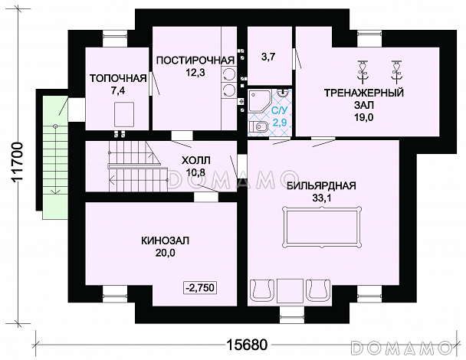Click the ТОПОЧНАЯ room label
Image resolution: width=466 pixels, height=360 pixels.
(x=118, y=78)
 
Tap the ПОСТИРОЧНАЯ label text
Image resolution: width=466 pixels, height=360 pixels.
(x=195, y=61)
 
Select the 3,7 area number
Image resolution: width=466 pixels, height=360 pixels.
(x=268, y=57)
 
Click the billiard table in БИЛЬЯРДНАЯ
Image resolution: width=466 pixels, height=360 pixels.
(x=322, y=226)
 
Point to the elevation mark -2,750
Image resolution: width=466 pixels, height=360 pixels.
(x=200, y=287)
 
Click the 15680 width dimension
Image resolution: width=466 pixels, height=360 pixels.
(x=247, y=345)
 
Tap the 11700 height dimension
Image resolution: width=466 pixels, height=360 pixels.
(x=18, y=162)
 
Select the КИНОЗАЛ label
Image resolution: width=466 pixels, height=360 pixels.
(x=165, y=241)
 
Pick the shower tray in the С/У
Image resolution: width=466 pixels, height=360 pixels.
(x=258, y=101)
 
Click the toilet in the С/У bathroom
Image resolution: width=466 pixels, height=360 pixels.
(x=258, y=128)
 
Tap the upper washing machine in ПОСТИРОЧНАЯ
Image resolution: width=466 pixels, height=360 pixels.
(x=229, y=74)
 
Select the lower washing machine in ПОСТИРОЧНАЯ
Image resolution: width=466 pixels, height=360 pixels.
(x=229, y=90)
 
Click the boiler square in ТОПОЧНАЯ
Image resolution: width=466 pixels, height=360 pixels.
(x=124, y=114)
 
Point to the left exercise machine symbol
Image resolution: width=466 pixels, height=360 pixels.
(x=363, y=70)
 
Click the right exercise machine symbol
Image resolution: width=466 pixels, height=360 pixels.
(x=396, y=70)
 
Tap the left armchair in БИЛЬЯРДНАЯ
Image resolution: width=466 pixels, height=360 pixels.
(x=262, y=290)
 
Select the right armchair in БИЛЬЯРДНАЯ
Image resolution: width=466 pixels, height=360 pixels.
(x=318, y=290)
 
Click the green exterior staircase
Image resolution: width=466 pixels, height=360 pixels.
(x=55, y=158)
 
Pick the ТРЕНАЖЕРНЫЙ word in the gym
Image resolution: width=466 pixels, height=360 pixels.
(x=364, y=93)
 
